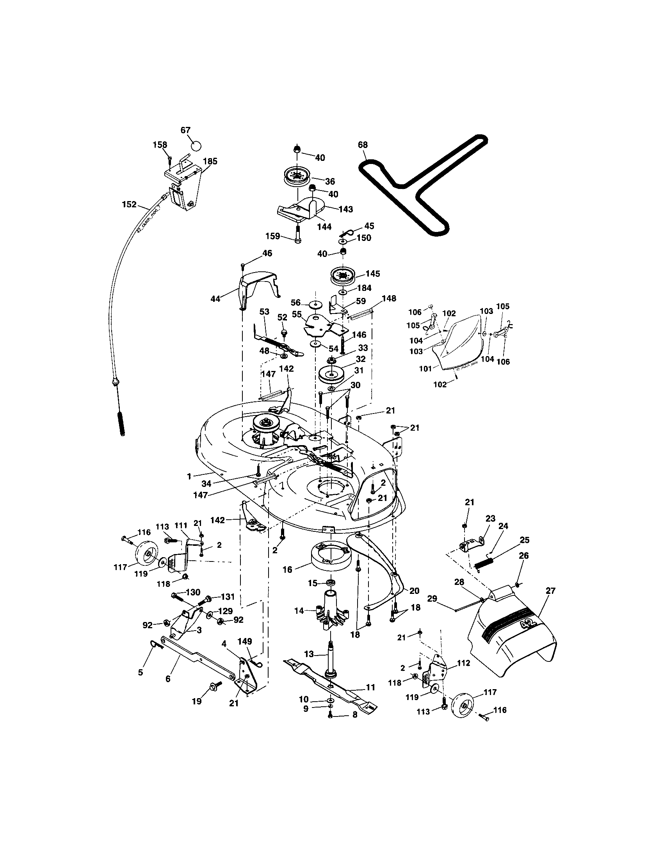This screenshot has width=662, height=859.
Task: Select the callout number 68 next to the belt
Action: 363,145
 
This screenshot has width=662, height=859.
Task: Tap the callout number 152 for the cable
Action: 129,205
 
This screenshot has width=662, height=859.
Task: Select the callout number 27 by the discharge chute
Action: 551,590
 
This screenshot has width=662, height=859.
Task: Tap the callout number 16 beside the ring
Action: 287,569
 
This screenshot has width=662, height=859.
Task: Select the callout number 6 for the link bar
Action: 168,679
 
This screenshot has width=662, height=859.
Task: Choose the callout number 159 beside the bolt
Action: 273,236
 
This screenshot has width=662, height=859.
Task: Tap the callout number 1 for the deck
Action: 189,476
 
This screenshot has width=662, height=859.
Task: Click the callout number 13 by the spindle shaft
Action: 309,654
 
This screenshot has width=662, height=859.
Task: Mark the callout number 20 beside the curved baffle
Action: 415,590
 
